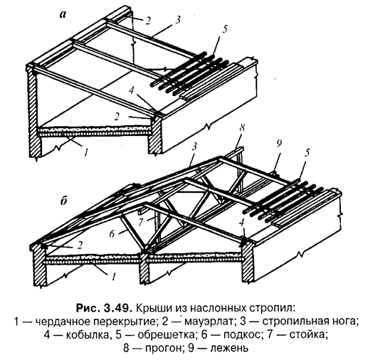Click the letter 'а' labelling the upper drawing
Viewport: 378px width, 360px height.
63,15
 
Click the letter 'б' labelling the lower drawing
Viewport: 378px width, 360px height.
63,201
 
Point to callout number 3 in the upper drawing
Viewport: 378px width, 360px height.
178,20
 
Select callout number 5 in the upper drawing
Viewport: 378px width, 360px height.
225,29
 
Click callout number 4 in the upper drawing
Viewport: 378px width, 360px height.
132,91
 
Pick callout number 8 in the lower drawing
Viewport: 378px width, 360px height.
242,128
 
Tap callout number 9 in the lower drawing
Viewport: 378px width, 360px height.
279,144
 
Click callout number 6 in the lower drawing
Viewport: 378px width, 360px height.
112,234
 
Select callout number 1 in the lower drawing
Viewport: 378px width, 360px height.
114,276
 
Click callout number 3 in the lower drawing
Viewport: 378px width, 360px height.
194,146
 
